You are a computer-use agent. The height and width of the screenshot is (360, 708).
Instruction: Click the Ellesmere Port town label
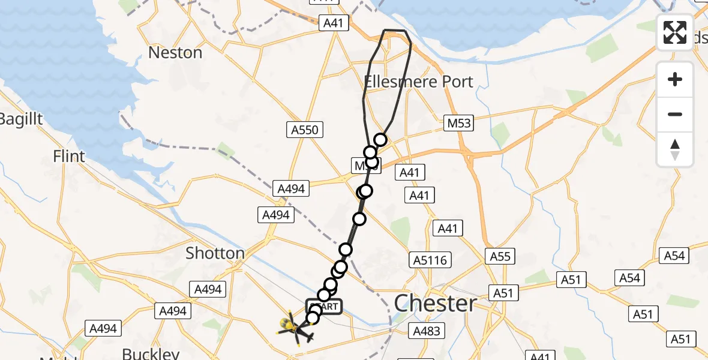(x=419, y=82)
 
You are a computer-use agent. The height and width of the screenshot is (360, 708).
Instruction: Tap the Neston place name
(x=175, y=53)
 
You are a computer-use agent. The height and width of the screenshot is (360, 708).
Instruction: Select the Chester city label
(x=436, y=303)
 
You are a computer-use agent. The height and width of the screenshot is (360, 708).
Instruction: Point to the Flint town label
(x=70, y=157)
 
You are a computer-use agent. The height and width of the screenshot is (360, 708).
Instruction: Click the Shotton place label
(x=215, y=253)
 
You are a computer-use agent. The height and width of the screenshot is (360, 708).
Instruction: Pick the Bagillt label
(x=22, y=119)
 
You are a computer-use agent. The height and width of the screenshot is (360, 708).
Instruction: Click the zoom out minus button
(x=675, y=114)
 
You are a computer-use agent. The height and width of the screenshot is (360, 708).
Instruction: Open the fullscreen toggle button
(x=675, y=32)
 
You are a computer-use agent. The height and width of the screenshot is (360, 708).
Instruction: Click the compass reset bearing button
(x=675, y=149)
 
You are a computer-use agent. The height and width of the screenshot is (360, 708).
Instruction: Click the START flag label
(x=325, y=307)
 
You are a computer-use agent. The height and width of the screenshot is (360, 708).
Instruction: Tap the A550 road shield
(x=306, y=130)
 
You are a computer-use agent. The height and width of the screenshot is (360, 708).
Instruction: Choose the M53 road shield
(x=458, y=123)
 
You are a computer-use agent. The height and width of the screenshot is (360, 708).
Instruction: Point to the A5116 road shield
(x=430, y=260)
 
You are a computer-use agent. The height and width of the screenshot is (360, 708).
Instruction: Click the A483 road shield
(x=427, y=331)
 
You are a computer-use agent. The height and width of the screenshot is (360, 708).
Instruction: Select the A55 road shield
(x=500, y=257)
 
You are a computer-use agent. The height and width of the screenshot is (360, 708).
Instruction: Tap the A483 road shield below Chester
(x=427, y=331)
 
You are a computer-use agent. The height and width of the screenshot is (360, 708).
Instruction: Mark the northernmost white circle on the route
(x=380, y=140)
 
